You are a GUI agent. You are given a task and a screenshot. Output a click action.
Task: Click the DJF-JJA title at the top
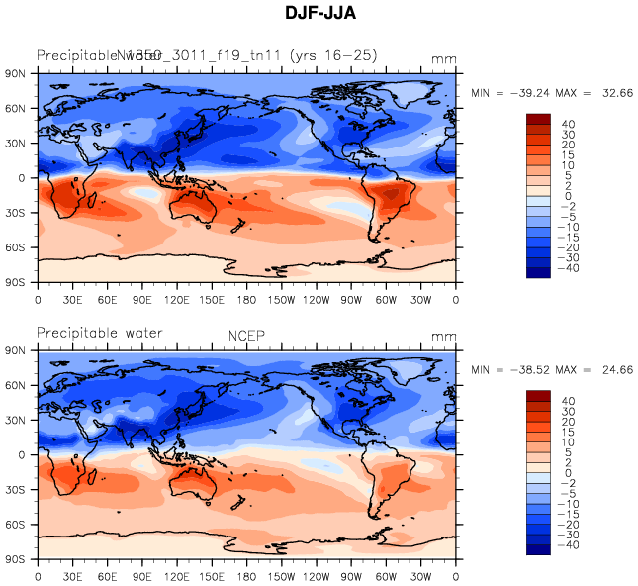(319, 14)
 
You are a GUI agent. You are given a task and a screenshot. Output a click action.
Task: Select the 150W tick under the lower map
(283, 575)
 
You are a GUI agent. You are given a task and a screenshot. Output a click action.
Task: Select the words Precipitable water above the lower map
(99, 333)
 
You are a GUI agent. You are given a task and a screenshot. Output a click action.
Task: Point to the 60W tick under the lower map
(387, 575)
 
